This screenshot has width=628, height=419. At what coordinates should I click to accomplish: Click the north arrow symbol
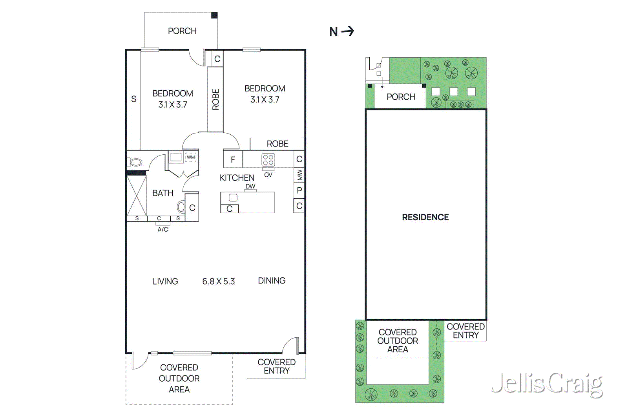coord(347,31)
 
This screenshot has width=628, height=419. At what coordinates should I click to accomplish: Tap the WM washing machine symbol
coord(191,157)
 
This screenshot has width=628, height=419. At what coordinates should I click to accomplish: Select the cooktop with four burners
coord(268,160)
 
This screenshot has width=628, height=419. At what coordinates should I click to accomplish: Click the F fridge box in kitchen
coord(233,159)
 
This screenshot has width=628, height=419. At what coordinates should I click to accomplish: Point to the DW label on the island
coord(250,187)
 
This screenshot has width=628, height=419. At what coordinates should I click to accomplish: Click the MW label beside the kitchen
coord(299,174)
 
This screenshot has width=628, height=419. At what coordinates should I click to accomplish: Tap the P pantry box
coord(299,190)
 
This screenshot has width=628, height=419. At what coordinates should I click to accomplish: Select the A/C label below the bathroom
coord(163,229)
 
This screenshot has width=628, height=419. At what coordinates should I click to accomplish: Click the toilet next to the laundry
coord(136,162)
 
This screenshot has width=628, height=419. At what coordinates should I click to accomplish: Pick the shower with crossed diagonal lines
coord(137,196)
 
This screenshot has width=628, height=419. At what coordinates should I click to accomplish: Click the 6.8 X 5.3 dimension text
coord(218,282)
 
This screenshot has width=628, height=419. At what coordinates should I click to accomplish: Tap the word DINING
coord(272,281)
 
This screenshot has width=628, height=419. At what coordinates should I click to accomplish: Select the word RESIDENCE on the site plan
coord(425,217)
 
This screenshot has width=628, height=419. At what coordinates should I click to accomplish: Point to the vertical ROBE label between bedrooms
coord(215,99)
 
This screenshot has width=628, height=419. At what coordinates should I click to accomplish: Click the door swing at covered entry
coord(290,345)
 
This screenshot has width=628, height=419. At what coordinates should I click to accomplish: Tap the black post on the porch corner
coord(214,15)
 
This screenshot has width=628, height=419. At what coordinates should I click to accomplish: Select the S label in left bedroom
coord(134,99)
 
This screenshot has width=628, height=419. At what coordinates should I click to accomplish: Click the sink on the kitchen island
coord(233,198)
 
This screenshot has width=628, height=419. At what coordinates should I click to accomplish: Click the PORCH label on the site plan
coord(401,97)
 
